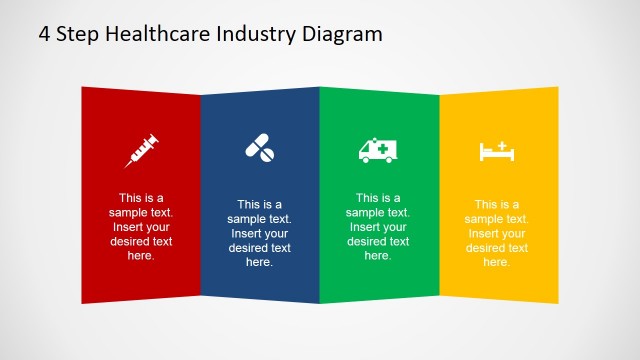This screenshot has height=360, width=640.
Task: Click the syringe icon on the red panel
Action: pos(142,149)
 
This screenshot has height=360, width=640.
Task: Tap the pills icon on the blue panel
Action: pos(260,149)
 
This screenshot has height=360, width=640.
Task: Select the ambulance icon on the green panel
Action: pos(377,150)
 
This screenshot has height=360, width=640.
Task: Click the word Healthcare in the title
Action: pos(156,34)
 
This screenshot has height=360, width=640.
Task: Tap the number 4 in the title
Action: pos(45,34)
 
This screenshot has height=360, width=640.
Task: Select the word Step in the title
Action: pos(77,34)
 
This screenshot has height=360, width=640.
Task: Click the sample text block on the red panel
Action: pos(141,226)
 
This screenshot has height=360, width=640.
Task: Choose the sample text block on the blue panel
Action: pos(259,233)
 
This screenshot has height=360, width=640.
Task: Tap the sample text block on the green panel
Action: pos(377,226)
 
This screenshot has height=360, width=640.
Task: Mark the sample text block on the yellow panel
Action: pos(496,233)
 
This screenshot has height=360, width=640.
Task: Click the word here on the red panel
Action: pos(141,256)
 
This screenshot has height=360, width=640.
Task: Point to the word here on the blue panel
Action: pos(259,263)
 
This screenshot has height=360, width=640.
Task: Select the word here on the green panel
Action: pos(377,256)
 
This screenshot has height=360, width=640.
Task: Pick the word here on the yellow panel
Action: pos(496,263)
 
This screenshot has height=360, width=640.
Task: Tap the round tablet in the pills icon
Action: pos(267,154)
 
